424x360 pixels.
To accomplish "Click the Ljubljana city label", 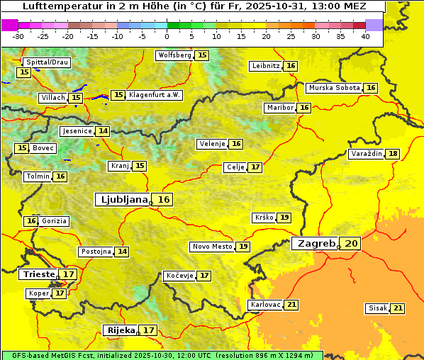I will pos(122,200).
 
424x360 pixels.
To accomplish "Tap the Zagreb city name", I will pos(316,243).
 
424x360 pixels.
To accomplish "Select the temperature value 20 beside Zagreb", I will pos(352,244).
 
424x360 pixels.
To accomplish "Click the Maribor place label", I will pos(279,108).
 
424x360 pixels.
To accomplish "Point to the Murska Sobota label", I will pos(334,88).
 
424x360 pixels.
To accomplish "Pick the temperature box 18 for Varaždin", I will pos(367,154).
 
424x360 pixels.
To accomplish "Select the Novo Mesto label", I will pos(212,247).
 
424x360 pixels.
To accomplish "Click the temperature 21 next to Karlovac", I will pos(291,305).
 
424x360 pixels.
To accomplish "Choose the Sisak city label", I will pos(376,308).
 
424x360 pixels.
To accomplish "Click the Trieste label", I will pos(38,274).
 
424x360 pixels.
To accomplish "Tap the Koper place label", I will pos(38,293).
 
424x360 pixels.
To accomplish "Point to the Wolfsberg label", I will pos(174,55).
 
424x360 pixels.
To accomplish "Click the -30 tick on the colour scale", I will pos(18,36).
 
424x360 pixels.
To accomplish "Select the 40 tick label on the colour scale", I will pos(365,36).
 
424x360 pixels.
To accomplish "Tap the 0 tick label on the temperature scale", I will pos(167,36).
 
